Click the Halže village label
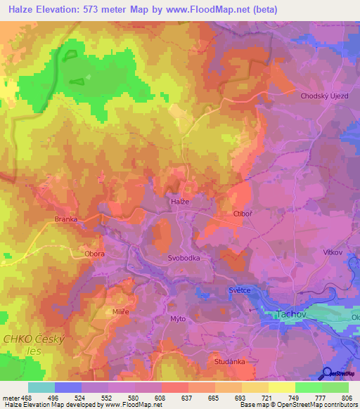180,201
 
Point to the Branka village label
66,219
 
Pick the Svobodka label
185,258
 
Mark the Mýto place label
178,318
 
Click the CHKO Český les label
34,344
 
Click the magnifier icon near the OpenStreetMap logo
326,373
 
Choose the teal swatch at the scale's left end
41,387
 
